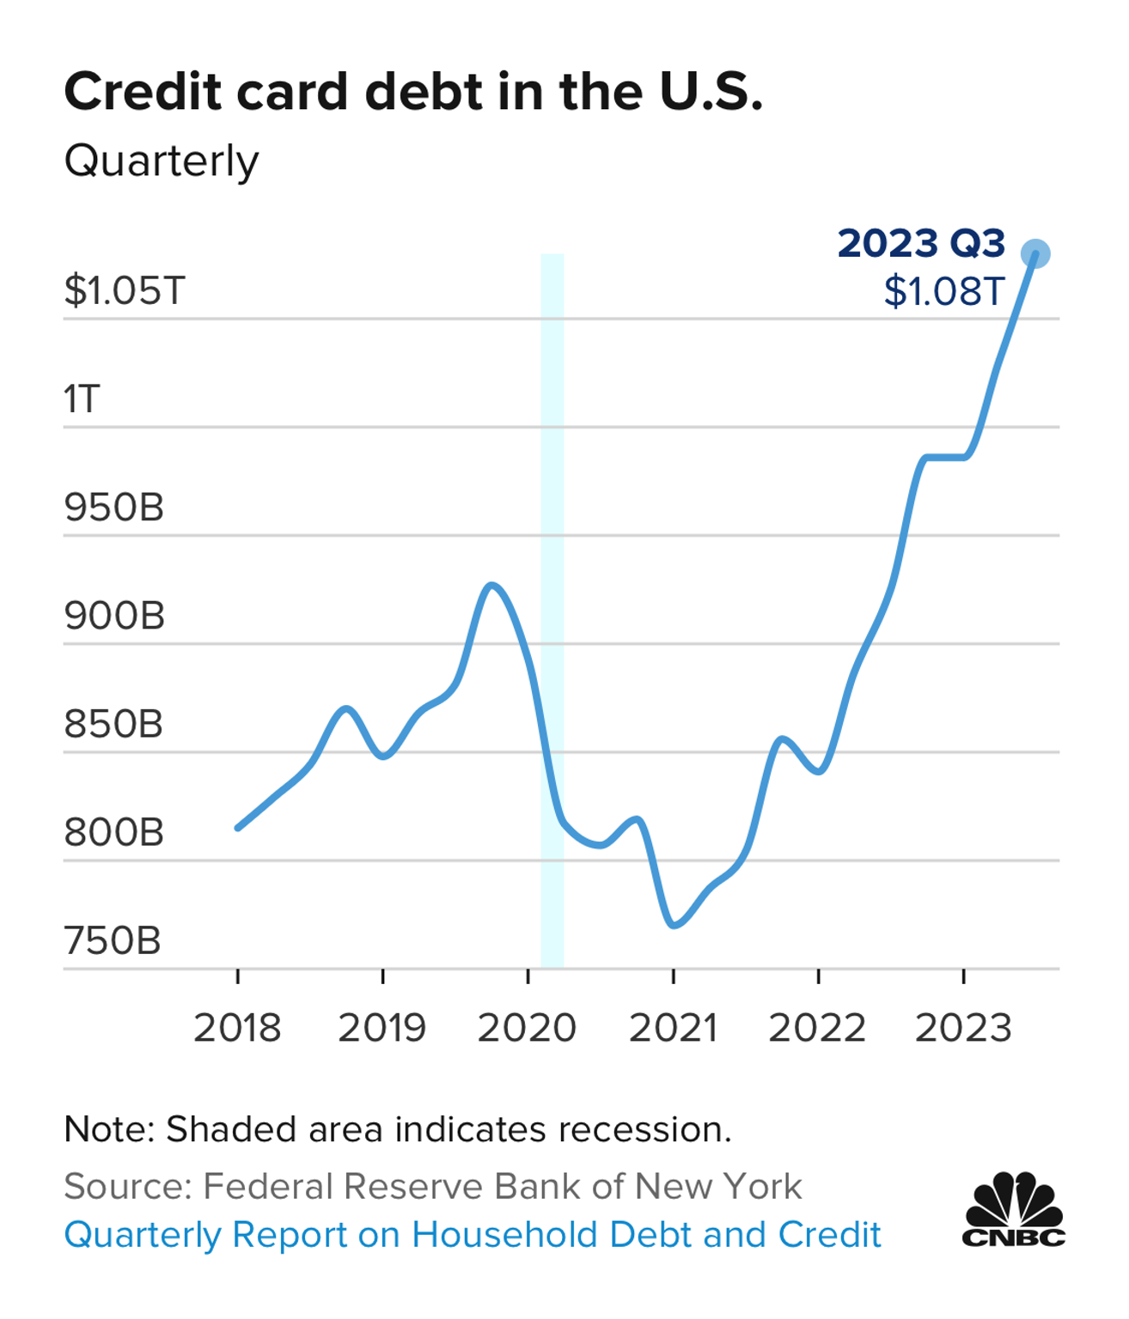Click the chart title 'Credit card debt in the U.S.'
pos(413,92)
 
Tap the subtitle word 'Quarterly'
pos(162,161)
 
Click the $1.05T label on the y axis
pos(125,290)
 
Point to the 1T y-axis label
pos(82,398)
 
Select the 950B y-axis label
pos(114,508)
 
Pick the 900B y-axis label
pos(114,616)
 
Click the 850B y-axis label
pos(113,724)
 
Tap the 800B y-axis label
pos(114,833)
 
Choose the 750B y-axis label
pos(113,941)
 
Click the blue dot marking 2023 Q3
pos(1035,254)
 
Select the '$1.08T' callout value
pos(944,292)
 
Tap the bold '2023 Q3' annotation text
pos(921,243)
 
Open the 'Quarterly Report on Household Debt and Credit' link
pos(473,1235)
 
